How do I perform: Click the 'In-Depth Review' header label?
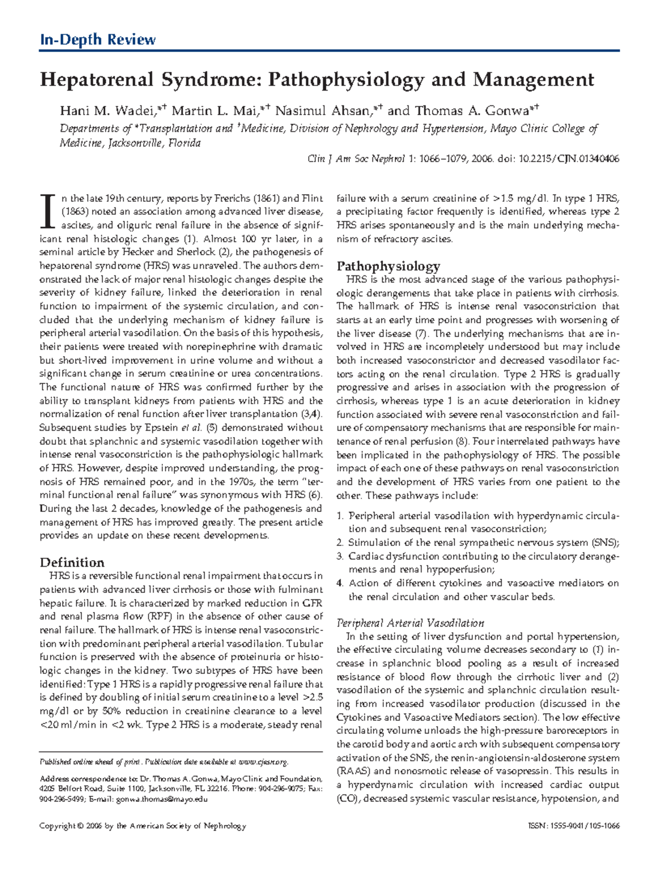98,39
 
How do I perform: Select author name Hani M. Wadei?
106,111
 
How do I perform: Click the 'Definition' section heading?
72,562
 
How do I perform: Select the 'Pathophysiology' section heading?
388,266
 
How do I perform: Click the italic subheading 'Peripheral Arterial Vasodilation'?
410,623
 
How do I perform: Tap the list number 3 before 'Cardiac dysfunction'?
339,556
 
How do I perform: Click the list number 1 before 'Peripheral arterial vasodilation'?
339,516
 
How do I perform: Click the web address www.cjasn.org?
263,762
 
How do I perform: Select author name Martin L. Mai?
214,111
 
